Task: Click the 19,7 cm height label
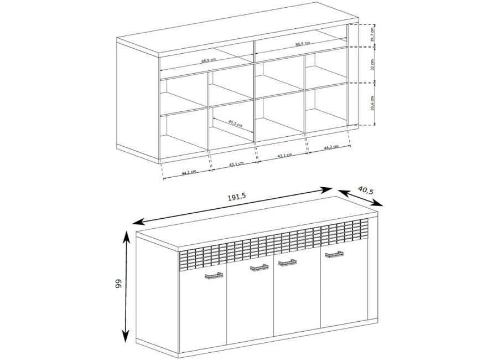coord(372,34)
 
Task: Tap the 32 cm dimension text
coord(372,64)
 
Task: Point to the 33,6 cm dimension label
coord(372,102)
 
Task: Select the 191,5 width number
coord(237,198)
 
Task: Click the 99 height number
coord(118,284)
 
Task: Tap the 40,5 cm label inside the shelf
coord(235,123)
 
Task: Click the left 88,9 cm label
coord(209,60)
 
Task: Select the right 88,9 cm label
coord(302,44)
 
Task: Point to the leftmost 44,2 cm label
coord(189,172)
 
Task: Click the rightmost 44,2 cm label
coord(331,147)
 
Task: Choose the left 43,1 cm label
coord(236,164)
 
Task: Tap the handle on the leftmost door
coord(214,276)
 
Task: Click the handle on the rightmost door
coord(334,254)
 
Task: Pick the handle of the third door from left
coord(287,262)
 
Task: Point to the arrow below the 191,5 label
coord(232,206)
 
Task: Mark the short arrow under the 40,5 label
coord(360,198)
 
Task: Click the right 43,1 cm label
coord(284,156)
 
